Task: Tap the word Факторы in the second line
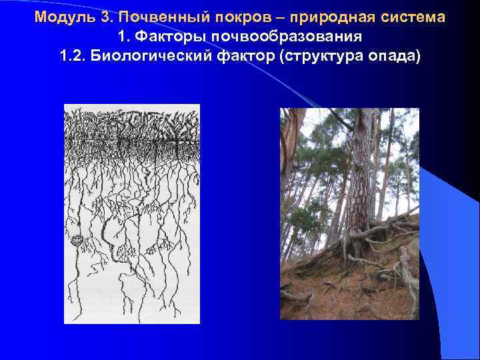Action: coord(163,36)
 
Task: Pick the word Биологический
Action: coord(149,55)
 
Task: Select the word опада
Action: coord(394,55)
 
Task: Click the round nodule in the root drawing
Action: coord(78,241)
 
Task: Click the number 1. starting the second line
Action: coord(124,36)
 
